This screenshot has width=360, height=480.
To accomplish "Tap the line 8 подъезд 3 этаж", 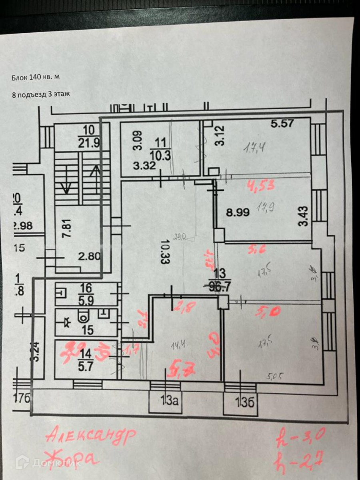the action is point(41,95).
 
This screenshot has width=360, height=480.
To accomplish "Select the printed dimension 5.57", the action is point(282,124).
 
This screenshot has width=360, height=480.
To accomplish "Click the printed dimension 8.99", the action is point(238,212).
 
